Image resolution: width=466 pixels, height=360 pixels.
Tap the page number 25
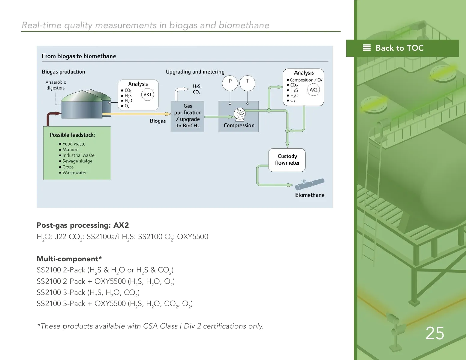click(x=434, y=333)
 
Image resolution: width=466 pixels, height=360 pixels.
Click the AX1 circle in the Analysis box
click(x=147, y=95)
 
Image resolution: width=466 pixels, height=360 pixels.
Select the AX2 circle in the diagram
click(x=314, y=90)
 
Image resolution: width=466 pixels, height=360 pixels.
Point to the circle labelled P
click(x=230, y=83)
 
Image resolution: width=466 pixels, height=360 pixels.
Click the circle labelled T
click(x=248, y=83)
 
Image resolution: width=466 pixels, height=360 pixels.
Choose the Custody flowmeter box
click(x=287, y=160)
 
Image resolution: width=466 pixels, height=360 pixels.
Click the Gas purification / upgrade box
click(x=188, y=116)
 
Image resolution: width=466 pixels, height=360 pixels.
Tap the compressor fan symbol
click(x=239, y=114)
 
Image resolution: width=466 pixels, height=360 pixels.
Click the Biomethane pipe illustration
click(x=310, y=184)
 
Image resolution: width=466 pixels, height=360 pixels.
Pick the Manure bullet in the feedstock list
click(x=70, y=150)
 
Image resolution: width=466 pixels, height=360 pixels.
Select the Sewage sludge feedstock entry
click(x=77, y=161)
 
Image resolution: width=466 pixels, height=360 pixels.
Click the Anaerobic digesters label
click(x=56, y=85)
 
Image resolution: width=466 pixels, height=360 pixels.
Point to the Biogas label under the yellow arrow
click(x=158, y=121)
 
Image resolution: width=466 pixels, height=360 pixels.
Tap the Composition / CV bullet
click(x=306, y=80)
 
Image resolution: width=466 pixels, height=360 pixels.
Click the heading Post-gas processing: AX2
click(x=83, y=225)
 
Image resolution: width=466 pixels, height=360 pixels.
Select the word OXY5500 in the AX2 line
click(x=192, y=237)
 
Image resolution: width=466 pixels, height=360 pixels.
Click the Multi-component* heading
click(x=69, y=259)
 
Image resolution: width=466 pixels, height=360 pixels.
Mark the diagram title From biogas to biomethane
click(x=79, y=56)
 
